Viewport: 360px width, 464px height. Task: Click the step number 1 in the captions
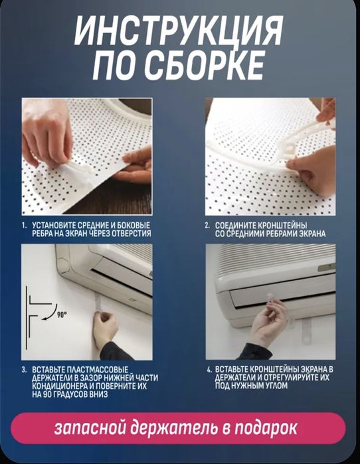click(24, 226)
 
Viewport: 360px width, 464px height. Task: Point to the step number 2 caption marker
click(207, 226)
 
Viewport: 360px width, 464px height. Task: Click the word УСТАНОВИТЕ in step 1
click(51, 226)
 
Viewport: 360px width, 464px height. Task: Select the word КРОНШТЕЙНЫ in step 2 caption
click(286, 226)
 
